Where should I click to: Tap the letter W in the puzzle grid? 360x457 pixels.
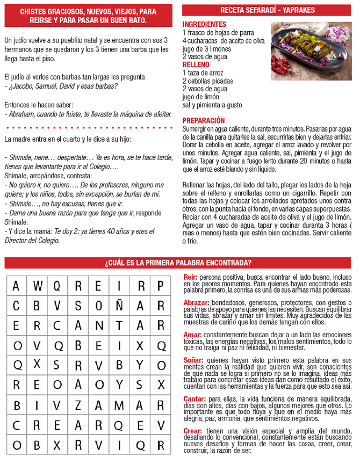[37, 286]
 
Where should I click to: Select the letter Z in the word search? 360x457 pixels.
[78, 404]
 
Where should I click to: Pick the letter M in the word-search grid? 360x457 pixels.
[119, 404]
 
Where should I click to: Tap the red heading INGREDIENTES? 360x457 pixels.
[204, 25]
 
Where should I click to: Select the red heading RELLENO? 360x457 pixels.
[196, 64]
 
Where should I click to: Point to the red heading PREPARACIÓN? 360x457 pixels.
[204, 121]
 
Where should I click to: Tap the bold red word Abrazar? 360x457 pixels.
[196, 303]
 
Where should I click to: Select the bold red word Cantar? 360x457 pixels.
[195, 399]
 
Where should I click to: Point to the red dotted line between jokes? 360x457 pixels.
[89, 128]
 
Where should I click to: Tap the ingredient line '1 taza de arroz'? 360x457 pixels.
[203, 72]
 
